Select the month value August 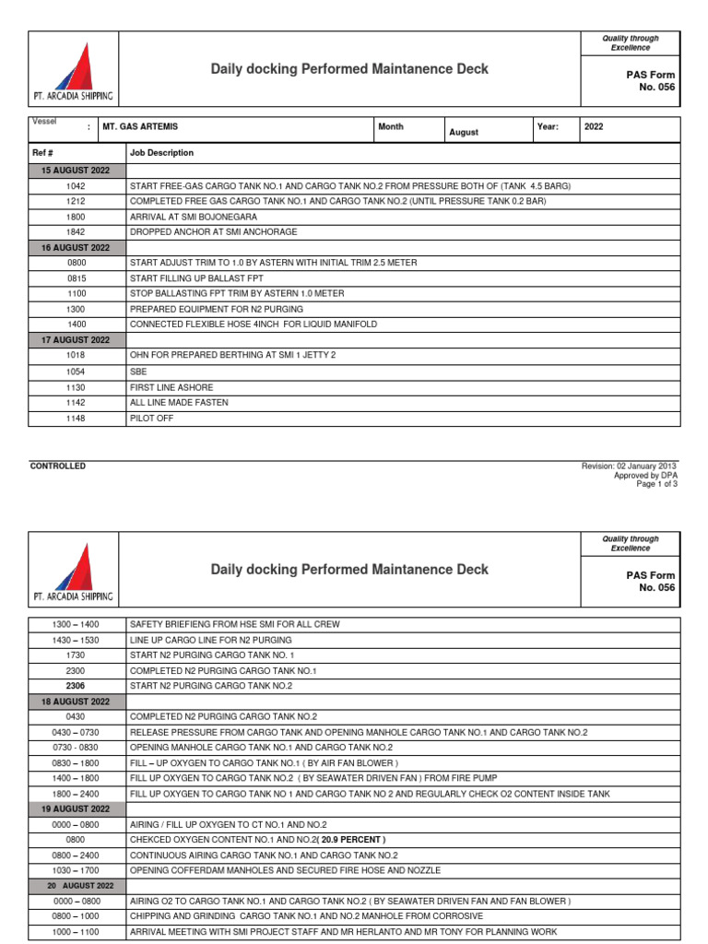[x=464, y=133]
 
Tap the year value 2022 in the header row [x=594, y=127]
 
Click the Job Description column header [x=161, y=153]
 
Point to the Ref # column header [x=43, y=153]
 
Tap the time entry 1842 [x=75, y=232]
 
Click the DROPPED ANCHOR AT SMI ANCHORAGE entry [x=213, y=232]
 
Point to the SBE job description [x=138, y=372]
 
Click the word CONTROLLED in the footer [x=58, y=466]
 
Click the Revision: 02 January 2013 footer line [x=629, y=466]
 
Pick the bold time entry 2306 [x=75, y=686]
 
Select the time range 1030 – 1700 [x=75, y=870]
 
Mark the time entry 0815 [x=75, y=278]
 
